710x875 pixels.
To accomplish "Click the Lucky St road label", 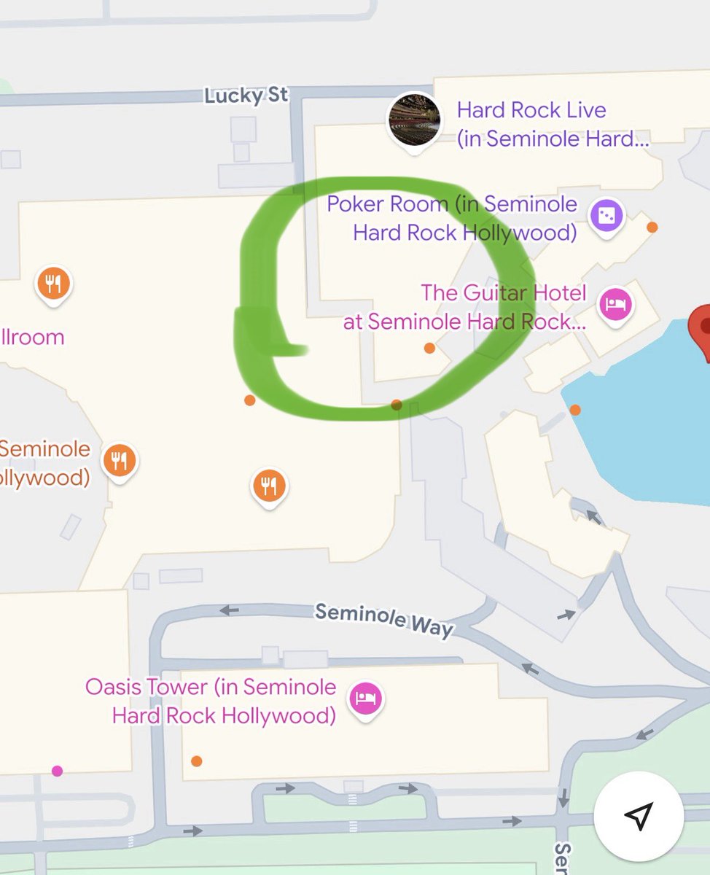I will click(246, 96).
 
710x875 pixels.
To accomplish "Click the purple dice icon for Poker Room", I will click(606, 217).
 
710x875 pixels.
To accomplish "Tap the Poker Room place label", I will click(452, 218).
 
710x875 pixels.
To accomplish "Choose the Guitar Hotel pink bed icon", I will click(613, 304).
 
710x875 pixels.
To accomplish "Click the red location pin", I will click(703, 327).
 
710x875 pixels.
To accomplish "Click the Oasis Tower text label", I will click(211, 701).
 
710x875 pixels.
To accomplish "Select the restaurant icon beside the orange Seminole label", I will click(120, 460).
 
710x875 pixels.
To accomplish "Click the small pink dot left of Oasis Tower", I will click(57, 771).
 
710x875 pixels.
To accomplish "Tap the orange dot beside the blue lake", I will click(575, 410).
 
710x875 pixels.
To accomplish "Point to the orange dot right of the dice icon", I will click(652, 227).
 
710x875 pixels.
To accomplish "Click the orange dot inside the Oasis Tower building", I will click(196, 761).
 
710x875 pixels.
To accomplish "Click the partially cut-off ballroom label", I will click(32, 337).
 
